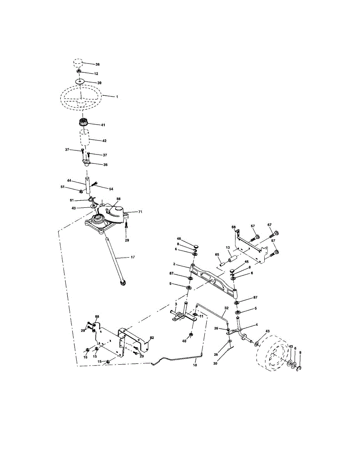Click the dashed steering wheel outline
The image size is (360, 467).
[x=81, y=96]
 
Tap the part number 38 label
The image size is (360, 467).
[x=98, y=64]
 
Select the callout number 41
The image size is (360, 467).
[x=103, y=125]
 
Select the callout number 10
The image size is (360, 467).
[x=195, y=366]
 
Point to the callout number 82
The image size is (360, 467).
[x=152, y=338]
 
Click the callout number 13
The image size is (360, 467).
[x=228, y=248]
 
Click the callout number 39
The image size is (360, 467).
[x=99, y=83]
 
